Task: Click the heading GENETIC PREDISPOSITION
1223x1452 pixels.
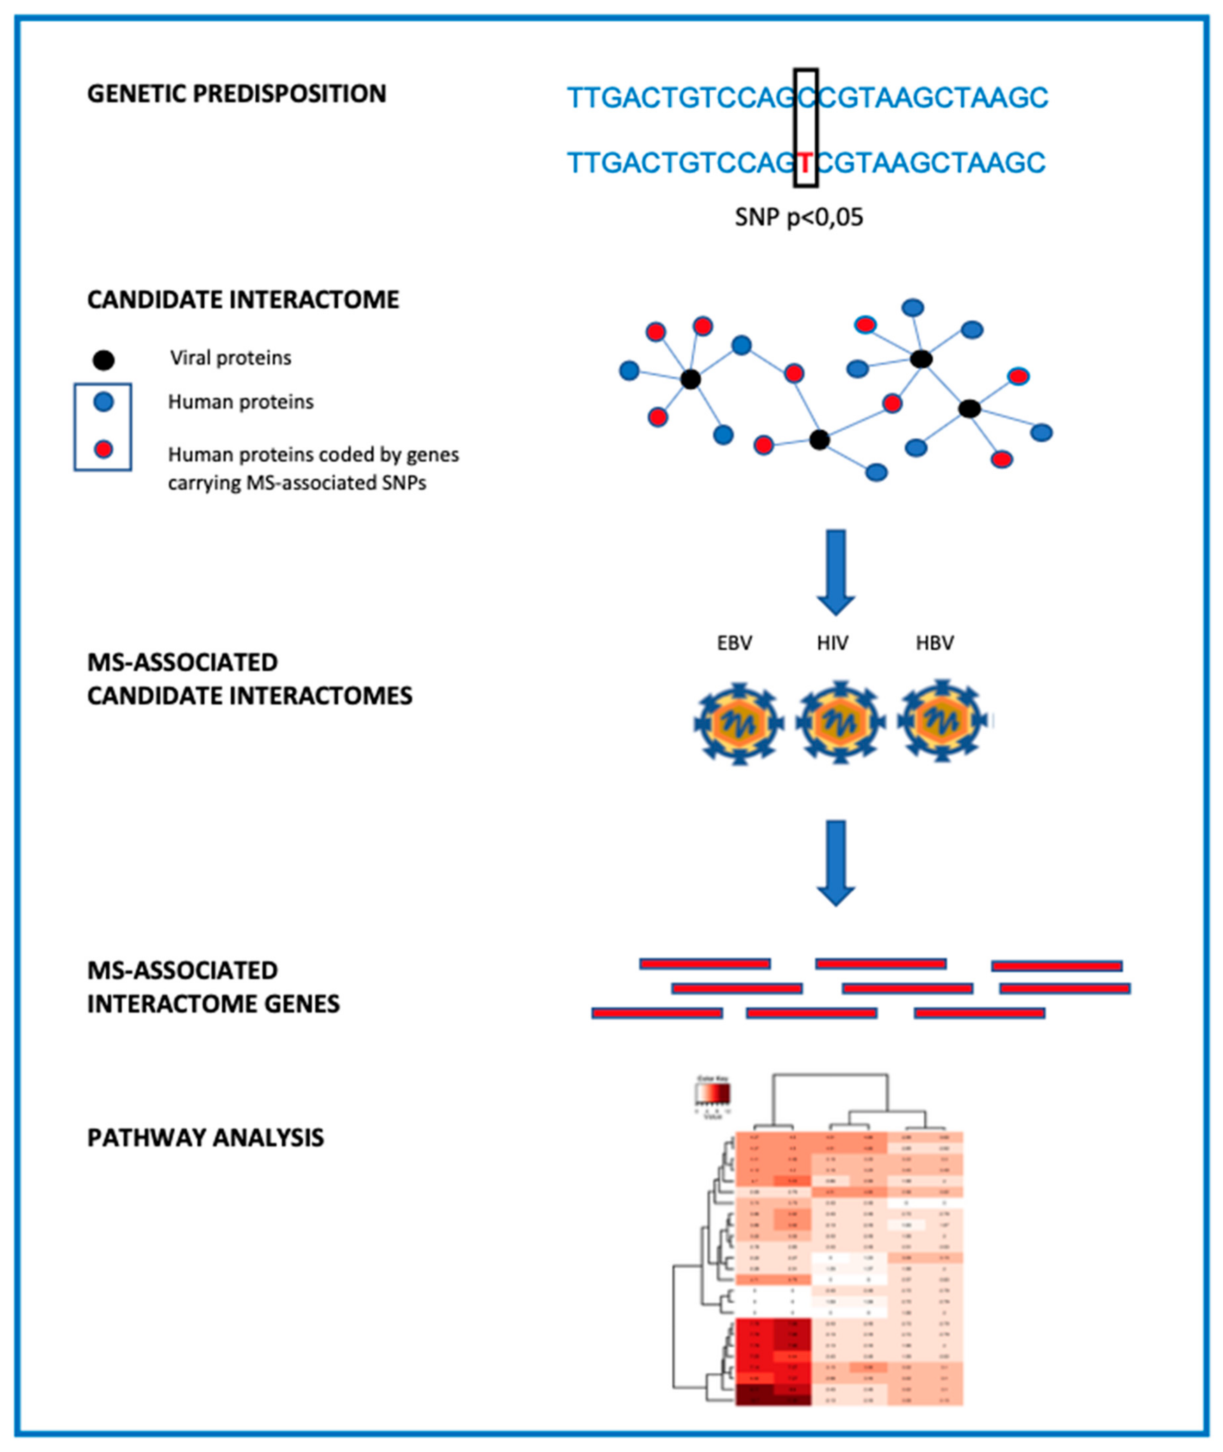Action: click(x=236, y=94)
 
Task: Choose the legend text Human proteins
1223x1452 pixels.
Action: click(x=241, y=402)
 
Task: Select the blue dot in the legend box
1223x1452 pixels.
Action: click(x=103, y=402)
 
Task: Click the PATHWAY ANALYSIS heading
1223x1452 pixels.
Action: click(x=205, y=1138)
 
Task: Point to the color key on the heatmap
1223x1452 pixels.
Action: click(x=713, y=1095)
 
